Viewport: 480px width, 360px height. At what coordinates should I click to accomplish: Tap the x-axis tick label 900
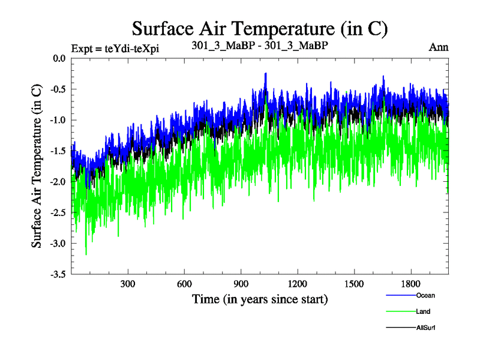point(241,284)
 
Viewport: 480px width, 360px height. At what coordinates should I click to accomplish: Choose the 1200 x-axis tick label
point(298,284)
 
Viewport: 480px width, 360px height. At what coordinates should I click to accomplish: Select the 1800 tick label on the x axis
point(411,284)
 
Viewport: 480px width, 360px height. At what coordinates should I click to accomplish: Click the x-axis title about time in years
point(260,298)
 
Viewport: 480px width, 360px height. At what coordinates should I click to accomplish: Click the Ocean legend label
point(425,295)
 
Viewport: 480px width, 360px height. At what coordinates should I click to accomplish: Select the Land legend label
point(423,311)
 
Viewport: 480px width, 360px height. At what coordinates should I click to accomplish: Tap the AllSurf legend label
point(425,328)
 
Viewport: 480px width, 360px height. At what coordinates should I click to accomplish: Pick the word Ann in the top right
point(439,47)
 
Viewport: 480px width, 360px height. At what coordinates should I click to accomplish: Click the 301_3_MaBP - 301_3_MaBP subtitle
point(259,46)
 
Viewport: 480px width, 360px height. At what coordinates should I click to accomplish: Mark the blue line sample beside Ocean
point(399,295)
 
